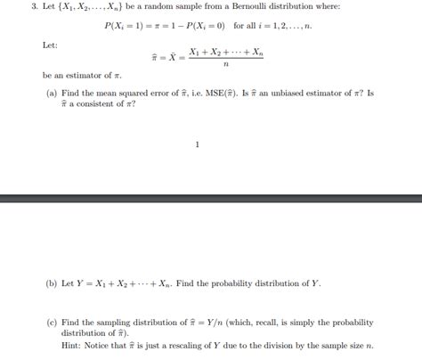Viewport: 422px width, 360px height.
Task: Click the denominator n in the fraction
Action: tap(226, 64)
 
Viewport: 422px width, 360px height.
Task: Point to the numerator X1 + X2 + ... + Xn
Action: tap(226, 52)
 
